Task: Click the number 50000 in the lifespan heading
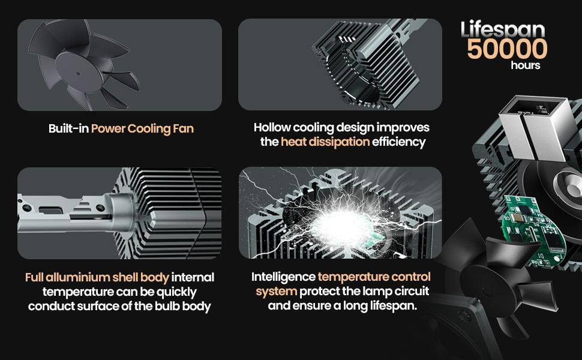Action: pyautogui.click(x=507, y=49)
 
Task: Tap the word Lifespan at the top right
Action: pyautogui.click(x=503, y=29)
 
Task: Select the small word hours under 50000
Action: pyautogui.click(x=525, y=65)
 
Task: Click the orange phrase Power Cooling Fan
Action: pyautogui.click(x=143, y=129)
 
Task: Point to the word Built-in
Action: pyautogui.click(x=68, y=129)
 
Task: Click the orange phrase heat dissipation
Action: pyautogui.click(x=325, y=142)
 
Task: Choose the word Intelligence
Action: pyautogui.click(x=283, y=277)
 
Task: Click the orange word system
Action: pyautogui.click(x=276, y=292)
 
